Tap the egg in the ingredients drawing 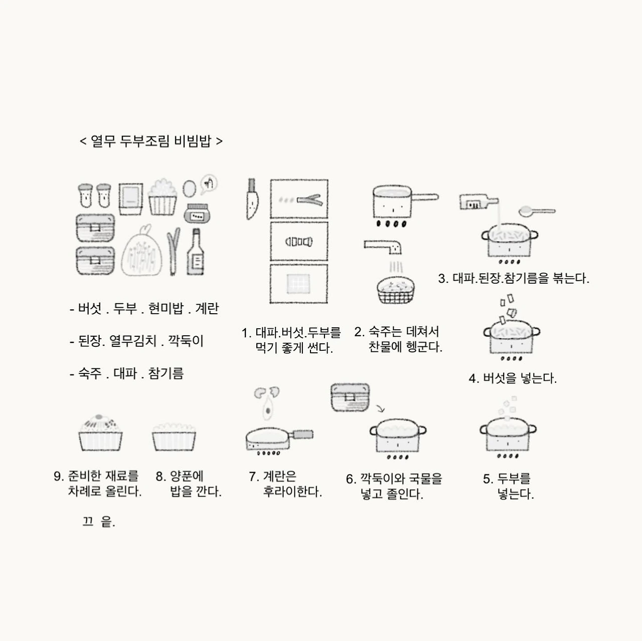189,189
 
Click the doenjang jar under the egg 197,213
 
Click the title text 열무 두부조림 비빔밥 151,141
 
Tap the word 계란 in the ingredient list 207,308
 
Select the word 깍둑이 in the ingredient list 186,341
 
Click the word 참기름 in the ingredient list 166,373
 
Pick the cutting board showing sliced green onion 299,199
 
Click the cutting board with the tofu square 298,284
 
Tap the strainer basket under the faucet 395,290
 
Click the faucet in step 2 383,247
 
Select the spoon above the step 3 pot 537,211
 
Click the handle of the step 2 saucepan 425,197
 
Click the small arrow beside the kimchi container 380,408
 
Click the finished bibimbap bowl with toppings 100,433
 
